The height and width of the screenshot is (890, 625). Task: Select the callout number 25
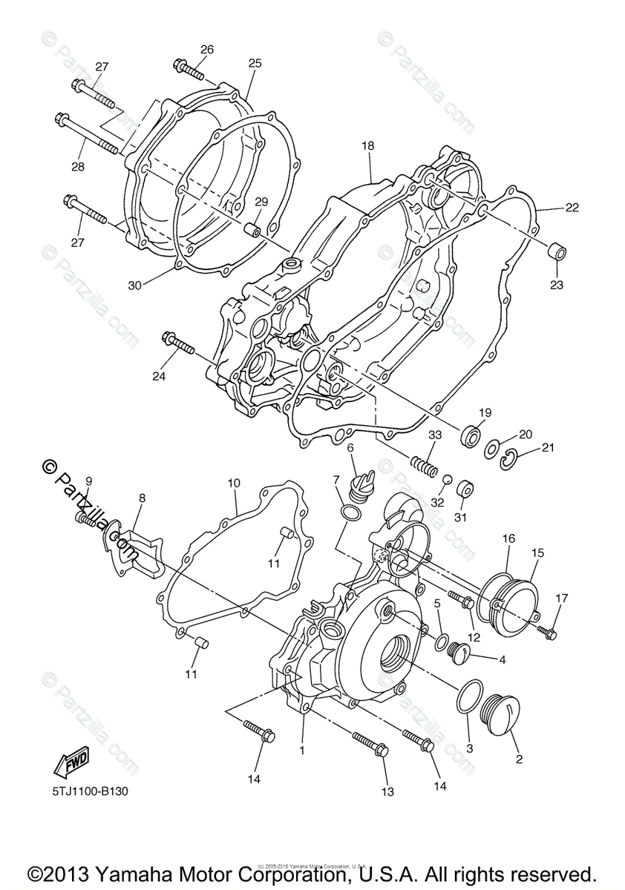255,64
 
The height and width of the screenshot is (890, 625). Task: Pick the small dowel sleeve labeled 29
254,227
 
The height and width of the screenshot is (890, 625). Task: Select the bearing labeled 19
470,435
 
